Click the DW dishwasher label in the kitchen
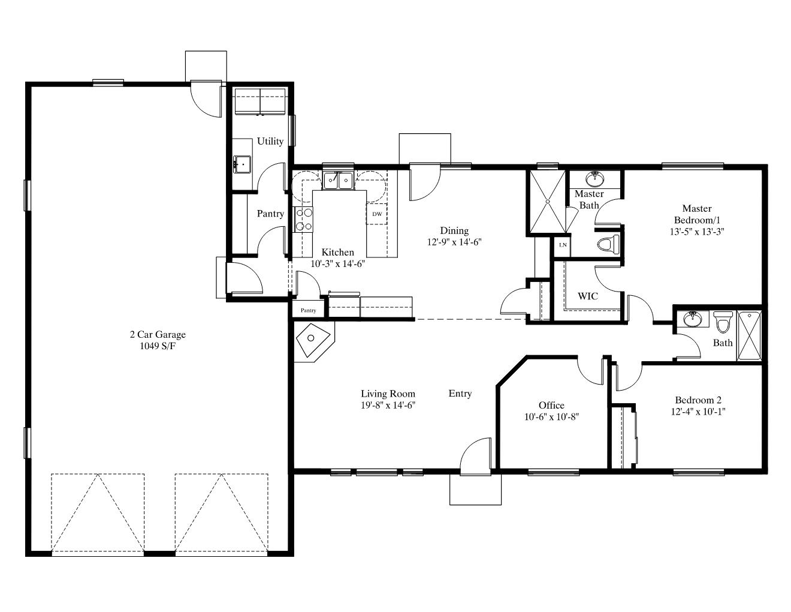377,214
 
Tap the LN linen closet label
563,245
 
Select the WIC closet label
588,296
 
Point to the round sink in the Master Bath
595,179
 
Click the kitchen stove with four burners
304,220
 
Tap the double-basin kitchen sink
339,180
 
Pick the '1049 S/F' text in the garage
158,346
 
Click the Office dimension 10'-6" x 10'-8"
551,416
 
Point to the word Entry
460,394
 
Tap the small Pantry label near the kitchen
309,310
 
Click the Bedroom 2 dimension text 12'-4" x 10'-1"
698,412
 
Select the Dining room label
454,230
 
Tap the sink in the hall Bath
692,319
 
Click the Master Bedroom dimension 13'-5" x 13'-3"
697,232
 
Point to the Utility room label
270,141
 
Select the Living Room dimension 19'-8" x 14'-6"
388,405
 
